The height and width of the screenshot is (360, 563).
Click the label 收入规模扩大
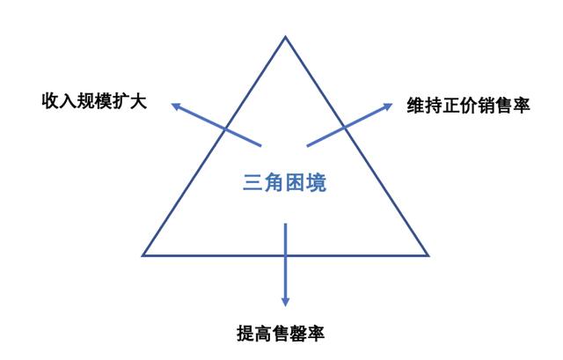point(94,101)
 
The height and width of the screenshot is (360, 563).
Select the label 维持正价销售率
point(468,106)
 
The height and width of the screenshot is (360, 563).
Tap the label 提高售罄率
point(281,333)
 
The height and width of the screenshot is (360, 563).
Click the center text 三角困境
point(285,183)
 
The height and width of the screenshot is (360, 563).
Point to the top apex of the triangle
point(285,36)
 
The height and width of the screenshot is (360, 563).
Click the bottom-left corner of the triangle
point(143,255)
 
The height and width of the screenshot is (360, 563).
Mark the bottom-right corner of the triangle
point(428,255)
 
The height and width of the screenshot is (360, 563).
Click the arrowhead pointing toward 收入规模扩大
point(176,107)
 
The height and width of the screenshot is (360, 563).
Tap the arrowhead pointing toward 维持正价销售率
point(388,107)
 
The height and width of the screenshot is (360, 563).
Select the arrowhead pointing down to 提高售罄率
point(285,301)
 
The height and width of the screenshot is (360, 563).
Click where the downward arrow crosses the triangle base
point(285,255)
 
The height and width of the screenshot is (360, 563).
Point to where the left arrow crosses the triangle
point(225,129)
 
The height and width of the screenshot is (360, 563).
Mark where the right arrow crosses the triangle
point(344,127)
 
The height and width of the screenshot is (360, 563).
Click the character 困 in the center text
point(296,183)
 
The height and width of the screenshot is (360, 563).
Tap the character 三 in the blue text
point(252,183)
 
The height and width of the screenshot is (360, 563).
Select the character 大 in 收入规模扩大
point(139,101)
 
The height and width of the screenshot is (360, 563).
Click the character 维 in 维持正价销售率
point(415,106)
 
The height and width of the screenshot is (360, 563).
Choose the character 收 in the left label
point(50,101)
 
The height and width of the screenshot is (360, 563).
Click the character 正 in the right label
point(451,106)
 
